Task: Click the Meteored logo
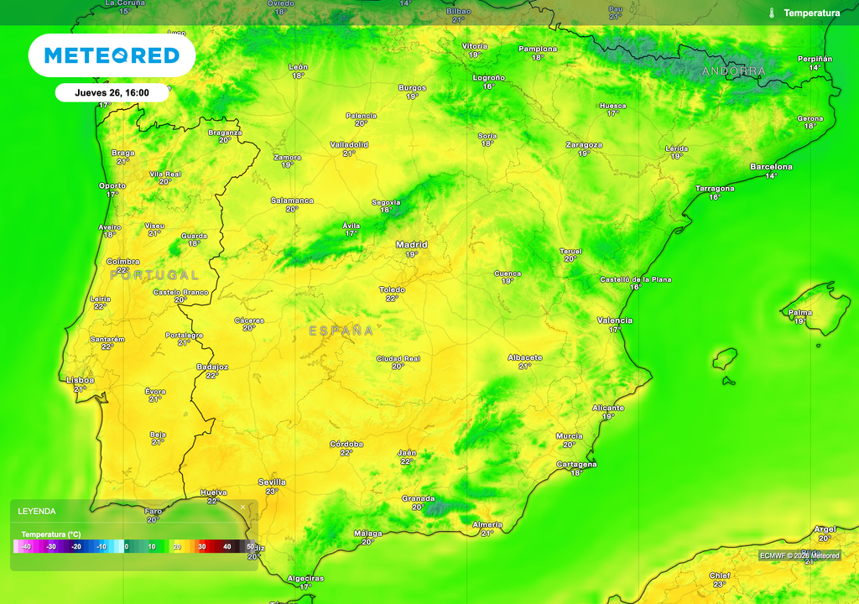pyautogui.click(x=112, y=55)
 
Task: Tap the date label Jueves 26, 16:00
pyautogui.click(x=112, y=92)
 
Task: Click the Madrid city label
pyautogui.click(x=411, y=245)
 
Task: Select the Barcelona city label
pyautogui.click(x=770, y=167)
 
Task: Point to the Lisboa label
pyautogui.click(x=81, y=380)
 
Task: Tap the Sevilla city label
pyautogui.click(x=272, y=482)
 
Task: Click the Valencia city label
pyautogui.click(x=615, y=320)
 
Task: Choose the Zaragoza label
pyautogui.click(x=584, y=145)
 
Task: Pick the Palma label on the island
pyautogui.click(x=800, y=313)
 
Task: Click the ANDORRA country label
pyautogui.click(x=734, y=71)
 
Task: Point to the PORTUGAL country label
pyautogui.click(x=154, y=274)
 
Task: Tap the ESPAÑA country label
pyautogui.click(x=341, y=331)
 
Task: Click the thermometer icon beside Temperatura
pyautogui.click(x=771, y=13)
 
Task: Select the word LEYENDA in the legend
pyautogui.click(x=37, y=511)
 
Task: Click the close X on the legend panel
pyautogui.click(x=243, y=507)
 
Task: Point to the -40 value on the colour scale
pyautogui.click(x=26, y=547)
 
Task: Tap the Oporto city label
pyautogui.click(x=112, y=185)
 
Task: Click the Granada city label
pyautogui.click(x=418, y=499)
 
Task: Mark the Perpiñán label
pyautogui.click(x=815, y=59)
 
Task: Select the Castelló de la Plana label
pyautogui.click(x=635, y=279)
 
